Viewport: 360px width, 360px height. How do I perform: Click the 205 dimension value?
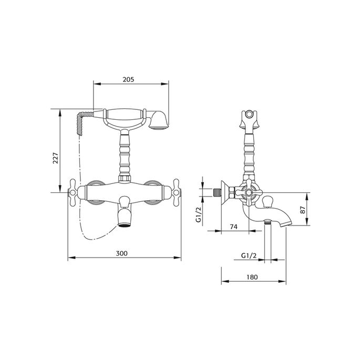(129, 79)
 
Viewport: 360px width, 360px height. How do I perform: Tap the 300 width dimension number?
(121, 253)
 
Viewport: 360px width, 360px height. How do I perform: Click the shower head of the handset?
(158, 119)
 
